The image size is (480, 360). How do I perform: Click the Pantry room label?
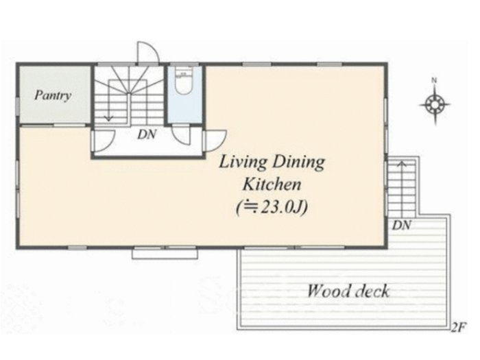click(x=53, y=95)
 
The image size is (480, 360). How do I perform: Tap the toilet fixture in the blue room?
click(x=183, y=80)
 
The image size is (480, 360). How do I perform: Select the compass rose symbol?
click(x=435, y=104)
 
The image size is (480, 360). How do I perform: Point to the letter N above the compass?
click(x=434, y=80)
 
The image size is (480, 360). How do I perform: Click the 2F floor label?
click(x=459, y=328)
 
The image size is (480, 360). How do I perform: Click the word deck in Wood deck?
click(x=371, y=291)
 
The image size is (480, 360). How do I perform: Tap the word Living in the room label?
click(x=243, y=163)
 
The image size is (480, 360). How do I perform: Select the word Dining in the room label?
click(x=298, y=163)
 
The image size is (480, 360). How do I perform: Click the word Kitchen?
click(x=272, y=184)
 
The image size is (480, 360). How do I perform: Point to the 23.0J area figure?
click(x=272, y=208)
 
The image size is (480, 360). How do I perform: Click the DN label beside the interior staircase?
click(x=147, y=134)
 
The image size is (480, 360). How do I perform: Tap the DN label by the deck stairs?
click(x=401, y=226)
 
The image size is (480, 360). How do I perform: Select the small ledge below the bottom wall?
click(x=165, y=254)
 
